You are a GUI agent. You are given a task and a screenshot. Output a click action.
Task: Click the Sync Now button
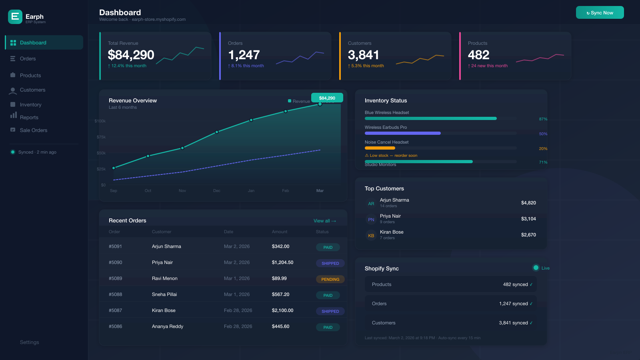click(x=600, y=12)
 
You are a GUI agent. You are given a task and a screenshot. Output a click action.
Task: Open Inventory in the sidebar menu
click(x=30, y=105)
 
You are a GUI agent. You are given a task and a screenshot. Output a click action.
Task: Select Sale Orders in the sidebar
click(x=33, y=130)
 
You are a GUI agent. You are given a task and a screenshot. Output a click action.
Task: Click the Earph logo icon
click(x=15, y=17)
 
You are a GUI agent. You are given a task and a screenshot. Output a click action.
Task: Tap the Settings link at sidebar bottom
click(x=30, y=342)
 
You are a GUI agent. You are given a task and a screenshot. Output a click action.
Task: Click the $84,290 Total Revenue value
click(x=131, y=55)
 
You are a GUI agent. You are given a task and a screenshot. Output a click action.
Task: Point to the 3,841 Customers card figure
click(x=363, y=55)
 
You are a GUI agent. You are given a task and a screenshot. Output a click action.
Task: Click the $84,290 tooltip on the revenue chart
click(x=327, y=98)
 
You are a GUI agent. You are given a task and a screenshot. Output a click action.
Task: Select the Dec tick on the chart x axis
click(x=217, y=191)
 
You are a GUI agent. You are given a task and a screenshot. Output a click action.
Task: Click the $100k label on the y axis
click(x=100, y=121)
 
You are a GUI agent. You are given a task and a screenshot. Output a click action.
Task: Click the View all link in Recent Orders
click(x=324, y=221)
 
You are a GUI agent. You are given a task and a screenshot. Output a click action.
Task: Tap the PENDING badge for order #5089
click(x=330, y=279)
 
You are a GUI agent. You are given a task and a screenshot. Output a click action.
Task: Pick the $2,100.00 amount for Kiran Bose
click(x=282, y=310)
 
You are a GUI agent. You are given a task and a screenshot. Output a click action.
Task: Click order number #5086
click(x=115, y=326)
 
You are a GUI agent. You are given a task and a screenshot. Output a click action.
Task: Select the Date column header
click(x=228, y=232)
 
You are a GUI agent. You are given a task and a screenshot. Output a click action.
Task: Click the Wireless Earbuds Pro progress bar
click(x=402, y=133)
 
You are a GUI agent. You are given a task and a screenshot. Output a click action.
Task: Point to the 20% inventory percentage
click(x=543, y=149)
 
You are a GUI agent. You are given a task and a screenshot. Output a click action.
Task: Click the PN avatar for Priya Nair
click(x=371, y=220)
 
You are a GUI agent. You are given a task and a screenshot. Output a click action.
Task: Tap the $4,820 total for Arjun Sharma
click(x=528, y=203)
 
